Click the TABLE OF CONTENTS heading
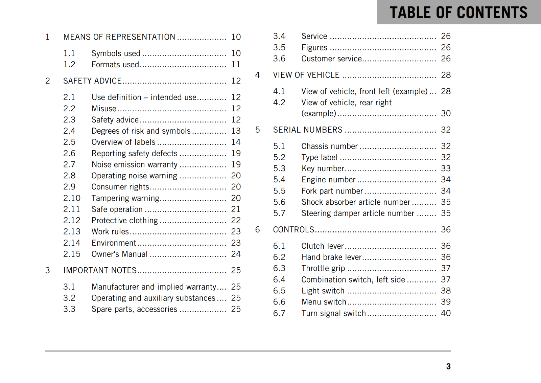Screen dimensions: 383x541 pyautogui.click(x=458, y=13)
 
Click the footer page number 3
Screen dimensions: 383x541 pyautogui.click(x=448, y=366)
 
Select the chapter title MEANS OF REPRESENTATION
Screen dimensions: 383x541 pyautogui.click(x=119, y=37)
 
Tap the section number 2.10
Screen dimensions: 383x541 pyautogui.click(x=72, y=198)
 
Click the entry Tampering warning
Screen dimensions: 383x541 pyautogui.click(x=125, y=198)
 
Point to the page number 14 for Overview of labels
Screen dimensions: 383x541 pyautogui.click(x=236, y=142)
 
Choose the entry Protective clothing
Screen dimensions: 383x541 pyautogui.click(x=124, y=221)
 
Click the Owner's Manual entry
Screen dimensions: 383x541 pyautogui.click(x=119, y=254)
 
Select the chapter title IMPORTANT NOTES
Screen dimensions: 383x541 pyautogui.click(x=100, y=270)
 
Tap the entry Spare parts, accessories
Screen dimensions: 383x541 pyautogui.click(x=134, y=309)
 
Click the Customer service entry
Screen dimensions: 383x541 pyautogui.click(x=331, y=59)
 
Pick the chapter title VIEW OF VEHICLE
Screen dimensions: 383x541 pyautogui.click(x=306, y=75)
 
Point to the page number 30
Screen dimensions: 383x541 pyautogui.click(x=446, y=113)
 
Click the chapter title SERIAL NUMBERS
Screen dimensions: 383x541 pyautogui.click(x=308, y=130)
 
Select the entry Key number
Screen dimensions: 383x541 pyautogui.click(x=323, y=168)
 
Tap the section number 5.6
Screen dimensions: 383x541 pyautogui.click(x=279, y=202)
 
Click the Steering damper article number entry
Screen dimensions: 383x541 pyautogui.click(x=358, y=213)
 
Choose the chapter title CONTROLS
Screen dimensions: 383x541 pyautogui.click(x=293, y=230)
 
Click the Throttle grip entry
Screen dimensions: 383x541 pyautogui.click(x=323, y=268)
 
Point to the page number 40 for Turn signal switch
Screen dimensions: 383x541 pyautogui.click(x=446, y=313)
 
